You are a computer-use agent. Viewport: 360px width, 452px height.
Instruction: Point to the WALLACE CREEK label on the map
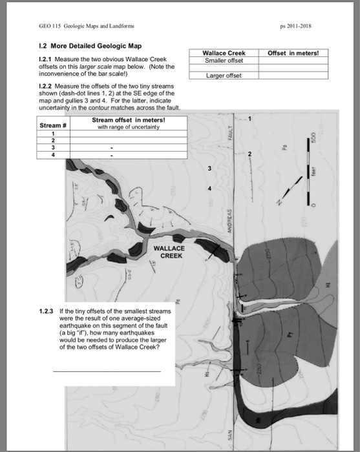tap(169, 251)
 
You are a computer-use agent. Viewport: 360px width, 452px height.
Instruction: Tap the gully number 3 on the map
tap(209, 169)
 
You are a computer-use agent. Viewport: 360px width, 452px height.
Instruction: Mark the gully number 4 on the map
tap(209, 188)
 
